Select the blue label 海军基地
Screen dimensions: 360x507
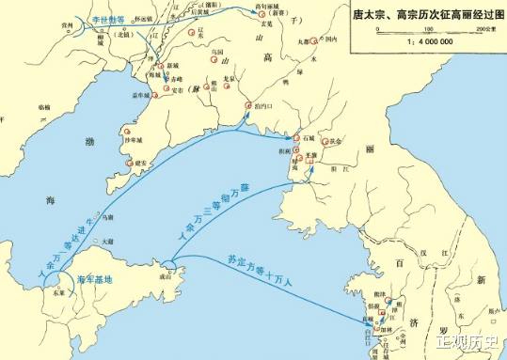(x=93, y=279)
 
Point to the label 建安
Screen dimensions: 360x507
(x=140, y=163)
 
